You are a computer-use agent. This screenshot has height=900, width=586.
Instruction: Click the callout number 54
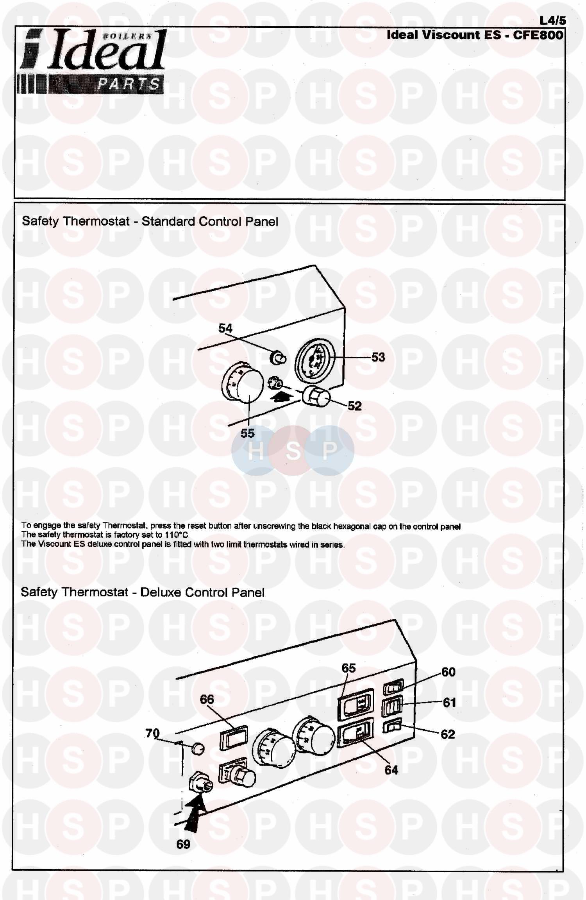point(225,328)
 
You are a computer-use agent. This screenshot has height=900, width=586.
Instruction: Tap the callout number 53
point(378,357)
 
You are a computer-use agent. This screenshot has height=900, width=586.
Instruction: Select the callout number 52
point(354,406)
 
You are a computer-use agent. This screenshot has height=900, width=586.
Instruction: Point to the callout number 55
point(247,433)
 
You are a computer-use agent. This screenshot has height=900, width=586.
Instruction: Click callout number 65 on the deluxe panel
point(348,668)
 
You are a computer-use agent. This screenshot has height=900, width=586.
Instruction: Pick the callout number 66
point(207,699)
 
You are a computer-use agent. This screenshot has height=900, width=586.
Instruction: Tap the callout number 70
point(152,733)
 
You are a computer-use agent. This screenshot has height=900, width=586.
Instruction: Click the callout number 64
point(391,770)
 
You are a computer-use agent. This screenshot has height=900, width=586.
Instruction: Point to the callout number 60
point(448,672)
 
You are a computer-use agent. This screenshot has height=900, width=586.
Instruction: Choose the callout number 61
point(449,703)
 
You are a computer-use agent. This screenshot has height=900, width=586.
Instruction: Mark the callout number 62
point(448,734)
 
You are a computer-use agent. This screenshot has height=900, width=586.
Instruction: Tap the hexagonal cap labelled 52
point(316,397)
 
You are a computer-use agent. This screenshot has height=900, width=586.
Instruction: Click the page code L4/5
point(552,20)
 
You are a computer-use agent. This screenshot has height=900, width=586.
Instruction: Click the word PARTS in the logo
point(129,84)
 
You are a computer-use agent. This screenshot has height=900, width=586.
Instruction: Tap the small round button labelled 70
point(198,749)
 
